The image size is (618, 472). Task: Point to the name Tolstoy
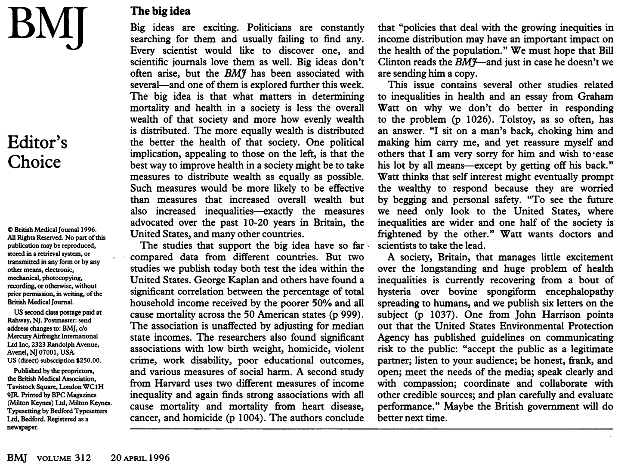[x=488, y=119]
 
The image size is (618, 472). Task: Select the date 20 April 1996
[x=140, y=458]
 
